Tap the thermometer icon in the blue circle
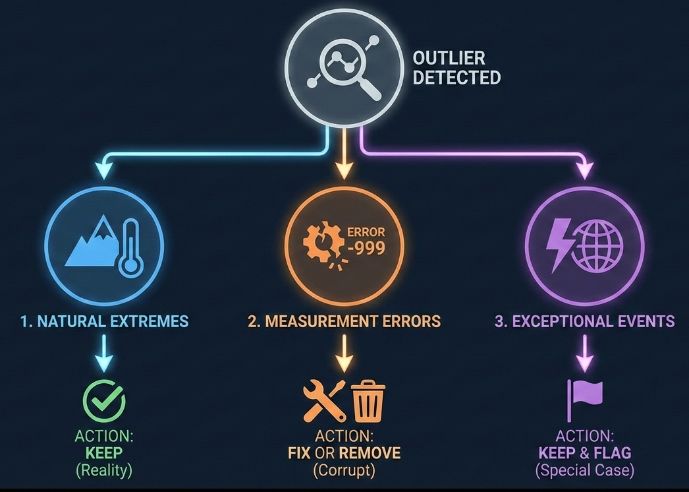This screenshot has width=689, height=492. [130, 250]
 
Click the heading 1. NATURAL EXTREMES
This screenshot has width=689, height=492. [103, 321]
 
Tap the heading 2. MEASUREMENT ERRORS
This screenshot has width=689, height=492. [344, 321]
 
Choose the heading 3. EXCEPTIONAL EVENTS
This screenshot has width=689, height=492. [585, 321]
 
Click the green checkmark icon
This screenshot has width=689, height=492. [104, 399]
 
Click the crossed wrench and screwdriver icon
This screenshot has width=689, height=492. [324, 400]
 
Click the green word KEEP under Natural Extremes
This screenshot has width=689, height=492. [104, 453]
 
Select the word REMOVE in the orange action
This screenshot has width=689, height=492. [369, 453]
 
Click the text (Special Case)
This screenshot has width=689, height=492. [585, 470]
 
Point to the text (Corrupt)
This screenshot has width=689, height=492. [344, 470]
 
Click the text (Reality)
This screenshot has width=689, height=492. [104, 470]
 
